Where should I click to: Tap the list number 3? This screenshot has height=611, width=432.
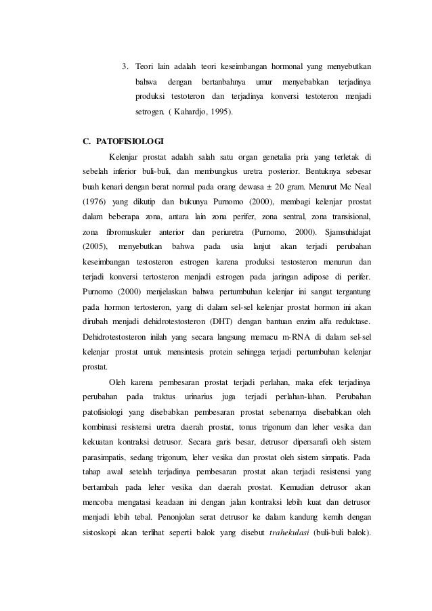(125, 66)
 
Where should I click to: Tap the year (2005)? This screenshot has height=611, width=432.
(95, 246)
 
